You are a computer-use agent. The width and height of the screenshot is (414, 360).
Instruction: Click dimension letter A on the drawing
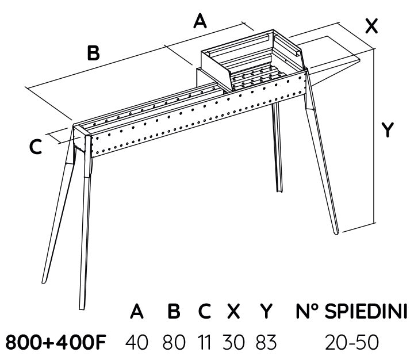[200, 22]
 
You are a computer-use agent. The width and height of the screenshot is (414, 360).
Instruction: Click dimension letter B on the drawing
[93, 53]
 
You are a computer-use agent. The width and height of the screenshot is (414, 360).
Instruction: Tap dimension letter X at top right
[372, 26]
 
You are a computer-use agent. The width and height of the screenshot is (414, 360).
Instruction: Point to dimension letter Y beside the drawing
[389, 131]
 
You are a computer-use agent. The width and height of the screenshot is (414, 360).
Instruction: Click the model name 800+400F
[56, 343]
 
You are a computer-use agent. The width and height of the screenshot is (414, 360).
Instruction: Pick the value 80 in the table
[173, 343]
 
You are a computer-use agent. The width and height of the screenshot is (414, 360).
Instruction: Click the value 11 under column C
[204, 343]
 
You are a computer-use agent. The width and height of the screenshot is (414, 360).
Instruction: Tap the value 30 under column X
[233, 343]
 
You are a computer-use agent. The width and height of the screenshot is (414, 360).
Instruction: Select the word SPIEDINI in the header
[366, 312]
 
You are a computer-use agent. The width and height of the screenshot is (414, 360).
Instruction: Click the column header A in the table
[136, 312]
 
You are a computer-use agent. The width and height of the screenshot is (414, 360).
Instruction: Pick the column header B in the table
[173, 312]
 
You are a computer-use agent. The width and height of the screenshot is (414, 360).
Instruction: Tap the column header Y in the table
[265, 312]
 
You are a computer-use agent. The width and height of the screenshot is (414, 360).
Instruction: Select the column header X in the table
[233, 312]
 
